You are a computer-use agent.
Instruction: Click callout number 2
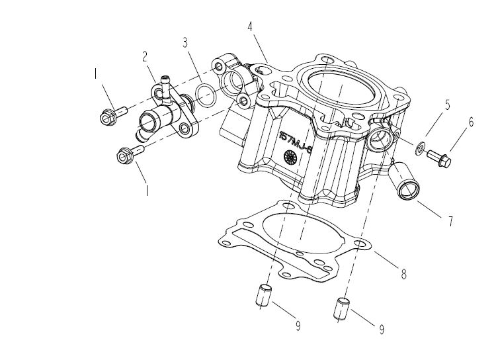point(144,57)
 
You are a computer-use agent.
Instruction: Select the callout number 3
point(186,44)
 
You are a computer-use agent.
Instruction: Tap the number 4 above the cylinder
point(249,27)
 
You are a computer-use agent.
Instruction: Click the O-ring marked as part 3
point(206,95)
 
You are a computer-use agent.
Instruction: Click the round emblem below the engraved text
point(289,157)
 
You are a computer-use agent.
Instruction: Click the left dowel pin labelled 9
point(263,294)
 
